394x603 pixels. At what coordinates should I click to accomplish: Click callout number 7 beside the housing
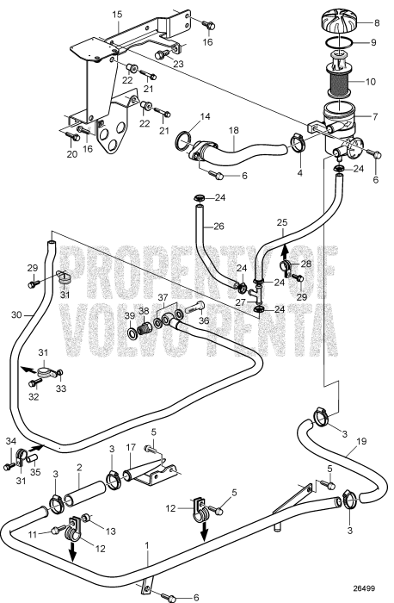pos(375,116)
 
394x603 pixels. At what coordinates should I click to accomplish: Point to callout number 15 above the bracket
pos(117,15)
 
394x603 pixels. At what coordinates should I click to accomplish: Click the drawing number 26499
pos(365,588)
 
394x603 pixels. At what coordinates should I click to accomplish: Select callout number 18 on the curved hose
pos(233,131)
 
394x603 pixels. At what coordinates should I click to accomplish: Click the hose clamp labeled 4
pos(297,142)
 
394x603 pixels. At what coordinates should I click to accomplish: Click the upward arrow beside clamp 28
pos(284,251)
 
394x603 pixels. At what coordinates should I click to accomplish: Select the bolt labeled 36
pos(194,308)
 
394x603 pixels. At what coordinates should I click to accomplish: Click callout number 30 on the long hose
pos(16,314)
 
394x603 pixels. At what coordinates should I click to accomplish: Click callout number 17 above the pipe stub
pos(131,448)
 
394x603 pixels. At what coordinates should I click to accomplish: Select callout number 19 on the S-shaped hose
pos(361,441)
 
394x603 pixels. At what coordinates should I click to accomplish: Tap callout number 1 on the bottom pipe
pos(147,544)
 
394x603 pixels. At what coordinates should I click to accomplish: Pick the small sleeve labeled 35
pos(33,457)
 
